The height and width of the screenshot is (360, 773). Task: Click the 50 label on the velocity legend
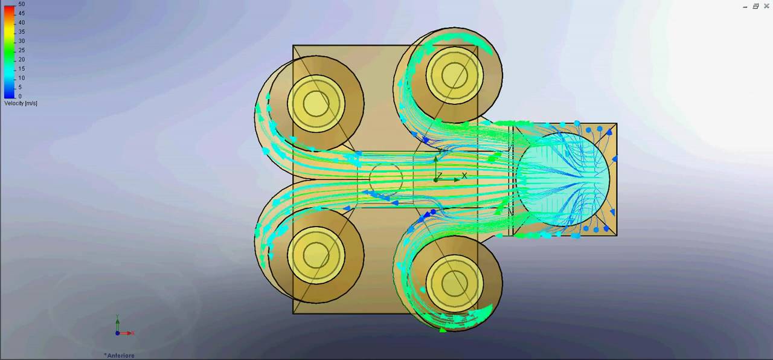[21, 4]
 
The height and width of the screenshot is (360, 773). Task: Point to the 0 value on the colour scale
[20, 96]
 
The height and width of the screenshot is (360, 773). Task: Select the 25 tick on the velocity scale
[21, 50]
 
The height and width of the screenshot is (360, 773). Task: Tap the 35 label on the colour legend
[21, 32]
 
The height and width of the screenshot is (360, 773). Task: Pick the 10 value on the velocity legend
[21, 78]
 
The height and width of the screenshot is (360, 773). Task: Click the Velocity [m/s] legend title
[21, 103]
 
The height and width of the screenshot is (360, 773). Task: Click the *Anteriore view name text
[119, 355]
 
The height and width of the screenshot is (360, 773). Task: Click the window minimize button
[745, 6]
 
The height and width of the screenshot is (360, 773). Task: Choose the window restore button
[755, 6]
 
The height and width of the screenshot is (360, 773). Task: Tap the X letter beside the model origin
[464, 176]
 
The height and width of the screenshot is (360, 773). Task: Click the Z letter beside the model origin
[440, 176]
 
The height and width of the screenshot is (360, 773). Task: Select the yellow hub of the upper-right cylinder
[454, 75]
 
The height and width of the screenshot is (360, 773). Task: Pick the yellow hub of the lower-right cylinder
[454, 283]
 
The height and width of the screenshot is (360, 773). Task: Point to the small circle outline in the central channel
[385, 179]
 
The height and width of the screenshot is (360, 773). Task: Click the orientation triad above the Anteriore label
[120, 329]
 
